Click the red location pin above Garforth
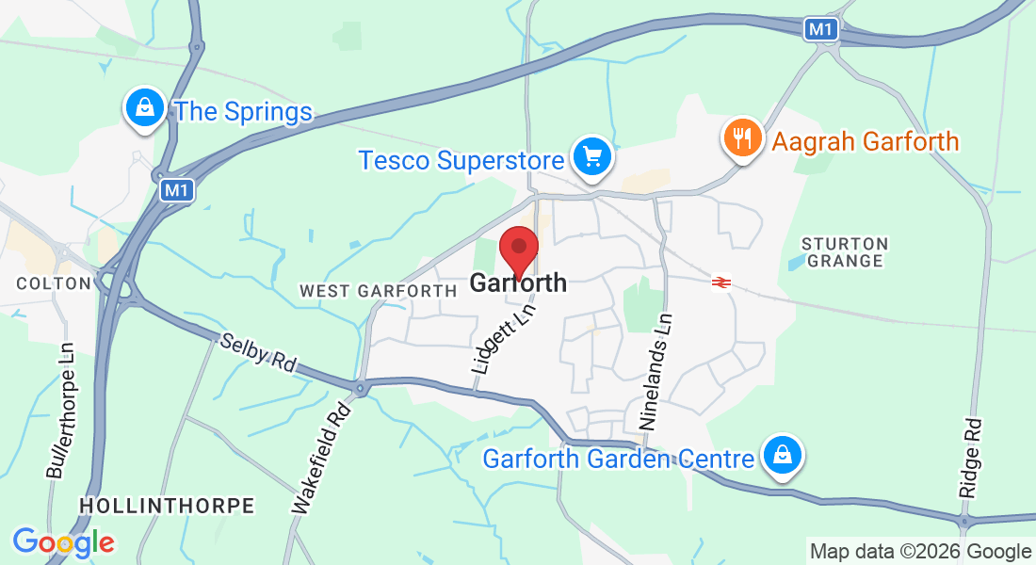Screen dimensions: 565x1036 pos(518,249)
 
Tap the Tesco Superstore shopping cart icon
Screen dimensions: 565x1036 pos(591,155)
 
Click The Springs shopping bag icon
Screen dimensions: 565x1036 pos(145,108)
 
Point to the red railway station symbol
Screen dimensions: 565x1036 pos(722,282)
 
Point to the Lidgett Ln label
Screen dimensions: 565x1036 pos(502,340)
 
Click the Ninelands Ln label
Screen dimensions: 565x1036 pos(658,372)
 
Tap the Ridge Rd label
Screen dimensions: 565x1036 pos(970,459)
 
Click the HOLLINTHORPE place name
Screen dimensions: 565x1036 pos(167,506)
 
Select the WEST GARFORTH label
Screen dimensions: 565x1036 pos(378,292)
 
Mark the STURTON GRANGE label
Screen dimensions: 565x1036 pos(845,252)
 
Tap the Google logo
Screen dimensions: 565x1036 pos(63,542)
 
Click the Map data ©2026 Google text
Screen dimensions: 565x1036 pos(920,552)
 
